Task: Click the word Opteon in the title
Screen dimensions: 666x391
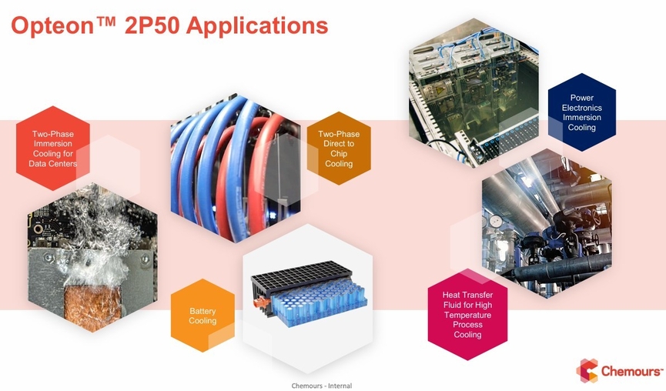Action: pos(52,26)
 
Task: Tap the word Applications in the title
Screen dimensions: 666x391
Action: pos(257,26)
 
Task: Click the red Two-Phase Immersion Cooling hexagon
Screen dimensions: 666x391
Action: pos(53,148)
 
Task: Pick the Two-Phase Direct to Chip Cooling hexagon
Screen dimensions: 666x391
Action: pos(339,148)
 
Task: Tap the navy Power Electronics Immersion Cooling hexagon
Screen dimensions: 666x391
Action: pos(581,112)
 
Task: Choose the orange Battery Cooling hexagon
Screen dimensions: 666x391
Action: pos(202,316)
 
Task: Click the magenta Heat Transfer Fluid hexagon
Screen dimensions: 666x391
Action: pos(467,315)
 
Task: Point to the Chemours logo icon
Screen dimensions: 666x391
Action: pos(587,371)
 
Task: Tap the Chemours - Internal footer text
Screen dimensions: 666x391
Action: pos(322,386)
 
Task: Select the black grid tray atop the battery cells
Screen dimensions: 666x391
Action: pos(302,276)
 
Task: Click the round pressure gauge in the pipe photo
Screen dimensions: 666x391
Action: pos(495,221)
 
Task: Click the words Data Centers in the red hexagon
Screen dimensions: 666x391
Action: pos(52,163)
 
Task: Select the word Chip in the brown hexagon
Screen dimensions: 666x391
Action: pos(339,153)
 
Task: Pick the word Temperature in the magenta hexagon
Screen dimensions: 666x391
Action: pos(467,315)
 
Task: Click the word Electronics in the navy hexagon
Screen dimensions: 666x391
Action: pos(581,108)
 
